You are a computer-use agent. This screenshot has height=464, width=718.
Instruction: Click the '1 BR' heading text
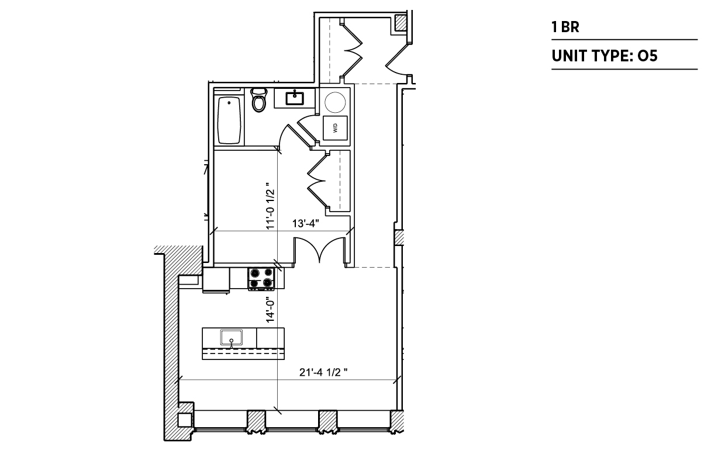[565, 27]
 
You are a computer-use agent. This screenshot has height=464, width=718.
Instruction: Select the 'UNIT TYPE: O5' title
[605, 56]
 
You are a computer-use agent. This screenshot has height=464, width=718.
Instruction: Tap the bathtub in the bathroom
[229, 120]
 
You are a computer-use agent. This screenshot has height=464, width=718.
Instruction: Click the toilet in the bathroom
[259, 100]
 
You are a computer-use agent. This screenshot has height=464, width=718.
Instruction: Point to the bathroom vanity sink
[295, 98]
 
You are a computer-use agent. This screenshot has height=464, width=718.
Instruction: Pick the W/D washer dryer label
[335, 129]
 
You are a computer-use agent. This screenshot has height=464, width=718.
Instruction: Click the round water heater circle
[335, 102]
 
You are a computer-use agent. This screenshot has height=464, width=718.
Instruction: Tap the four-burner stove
[261, 279]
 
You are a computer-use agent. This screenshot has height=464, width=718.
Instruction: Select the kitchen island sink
[231, 338]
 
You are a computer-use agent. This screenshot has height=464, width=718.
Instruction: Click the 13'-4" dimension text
[305, 223]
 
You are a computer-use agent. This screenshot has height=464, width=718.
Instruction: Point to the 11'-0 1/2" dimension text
[271, 206]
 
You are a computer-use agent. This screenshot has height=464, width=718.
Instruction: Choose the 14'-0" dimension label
[271, 310]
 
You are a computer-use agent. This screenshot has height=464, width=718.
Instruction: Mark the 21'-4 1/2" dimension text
[323, 372]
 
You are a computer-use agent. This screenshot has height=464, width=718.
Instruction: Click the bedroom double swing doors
[320, 250]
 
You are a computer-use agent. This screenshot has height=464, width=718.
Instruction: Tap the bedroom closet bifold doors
[317, 181]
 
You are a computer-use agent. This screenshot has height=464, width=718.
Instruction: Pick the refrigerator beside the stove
[216, 280]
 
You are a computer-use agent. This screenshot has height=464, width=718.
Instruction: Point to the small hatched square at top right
[401, 23]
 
